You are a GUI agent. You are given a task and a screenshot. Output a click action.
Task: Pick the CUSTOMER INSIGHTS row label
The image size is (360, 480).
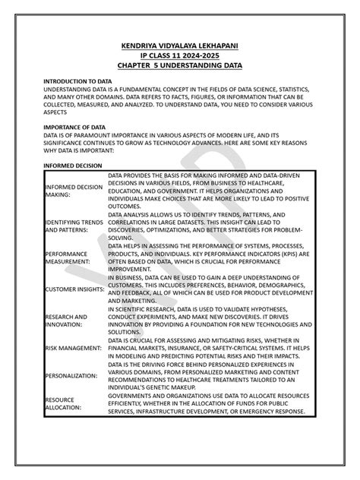tap(74, 289)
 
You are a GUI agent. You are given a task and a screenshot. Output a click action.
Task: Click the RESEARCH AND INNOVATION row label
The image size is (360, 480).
tap(67, 321)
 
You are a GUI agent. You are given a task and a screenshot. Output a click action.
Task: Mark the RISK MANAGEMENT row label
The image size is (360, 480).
tap(73, 348)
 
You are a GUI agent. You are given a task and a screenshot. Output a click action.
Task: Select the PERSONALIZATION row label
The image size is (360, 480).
tap(70, 375)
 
